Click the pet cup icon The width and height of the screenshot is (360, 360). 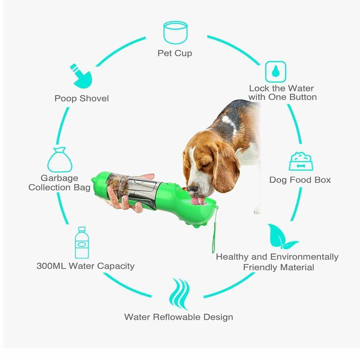(x=175, y=33)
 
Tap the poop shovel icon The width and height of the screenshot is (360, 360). (x=81, y=76)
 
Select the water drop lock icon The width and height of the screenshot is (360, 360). (x=275, y=72)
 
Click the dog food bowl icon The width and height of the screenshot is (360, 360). (x=301, y=161)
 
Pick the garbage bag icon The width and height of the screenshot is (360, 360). (x=60, y=160)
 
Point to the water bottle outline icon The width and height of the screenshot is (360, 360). (x=82, y=243)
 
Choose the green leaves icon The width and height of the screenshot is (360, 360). (x=282, y=237)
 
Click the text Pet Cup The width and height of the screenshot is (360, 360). (x=175, y=53)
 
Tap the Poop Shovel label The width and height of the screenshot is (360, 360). (x=81, y=99)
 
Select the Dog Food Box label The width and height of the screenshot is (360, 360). (x=300, y=180)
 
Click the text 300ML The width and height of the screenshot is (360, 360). (x=51, y=266)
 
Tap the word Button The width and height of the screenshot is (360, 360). (x=303, y=97)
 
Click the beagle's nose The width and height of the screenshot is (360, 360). (x=192, y=189)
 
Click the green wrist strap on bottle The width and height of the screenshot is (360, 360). (x=215, y=230)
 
